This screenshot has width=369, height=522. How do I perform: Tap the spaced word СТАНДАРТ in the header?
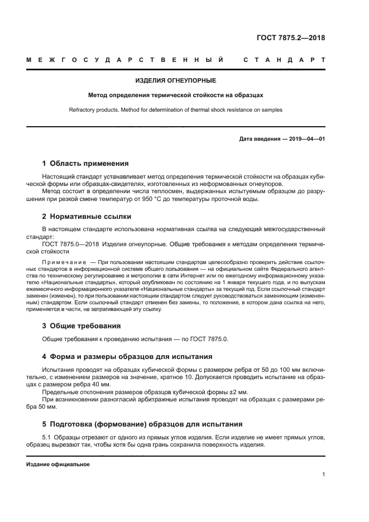(285, 59)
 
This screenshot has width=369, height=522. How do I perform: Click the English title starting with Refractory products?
(175, 110)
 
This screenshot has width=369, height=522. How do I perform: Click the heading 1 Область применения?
(85, 164)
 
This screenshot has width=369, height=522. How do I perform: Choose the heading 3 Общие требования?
(82, 325)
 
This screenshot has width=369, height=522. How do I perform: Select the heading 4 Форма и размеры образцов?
(127, 356)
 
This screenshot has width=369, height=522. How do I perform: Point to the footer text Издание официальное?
(58, 464)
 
